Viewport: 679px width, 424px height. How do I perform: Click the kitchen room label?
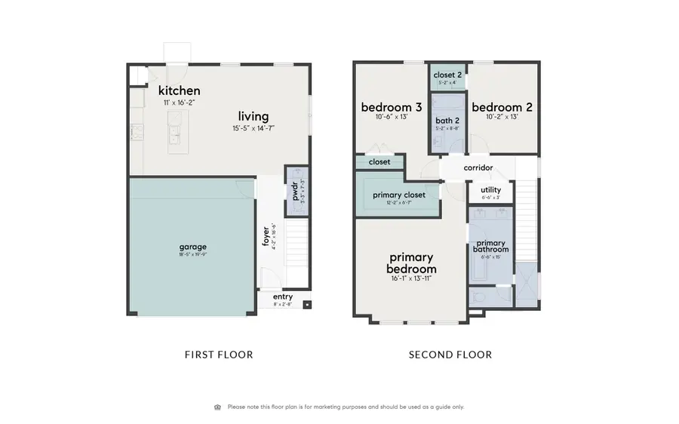point(180,91)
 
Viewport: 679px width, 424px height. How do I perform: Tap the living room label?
point(253,116)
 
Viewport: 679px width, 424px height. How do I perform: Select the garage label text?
point(192,247)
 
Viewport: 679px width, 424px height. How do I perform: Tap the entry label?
point(282,297)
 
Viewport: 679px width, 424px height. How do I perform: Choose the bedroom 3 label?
point(391,107)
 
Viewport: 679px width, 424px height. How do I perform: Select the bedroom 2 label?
point(502,107)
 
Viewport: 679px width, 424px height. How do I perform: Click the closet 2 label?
point(448,75)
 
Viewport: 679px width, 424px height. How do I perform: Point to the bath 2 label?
point(448,120)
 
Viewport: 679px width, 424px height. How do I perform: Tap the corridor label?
point(478,167)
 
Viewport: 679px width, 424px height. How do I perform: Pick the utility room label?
point(490,190)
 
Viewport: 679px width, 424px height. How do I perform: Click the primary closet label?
point(399,195)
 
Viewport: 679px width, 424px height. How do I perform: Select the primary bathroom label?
point(490,246)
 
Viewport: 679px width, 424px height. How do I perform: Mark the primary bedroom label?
point(411,263)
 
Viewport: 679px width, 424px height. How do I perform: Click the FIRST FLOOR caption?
point(219,355)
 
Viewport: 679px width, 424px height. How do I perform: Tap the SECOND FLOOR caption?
point(450,355)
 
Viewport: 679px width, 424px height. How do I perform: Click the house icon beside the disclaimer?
point(218,407)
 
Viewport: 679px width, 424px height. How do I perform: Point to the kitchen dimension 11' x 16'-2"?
point(180,102)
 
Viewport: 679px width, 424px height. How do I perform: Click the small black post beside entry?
point(307,305)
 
